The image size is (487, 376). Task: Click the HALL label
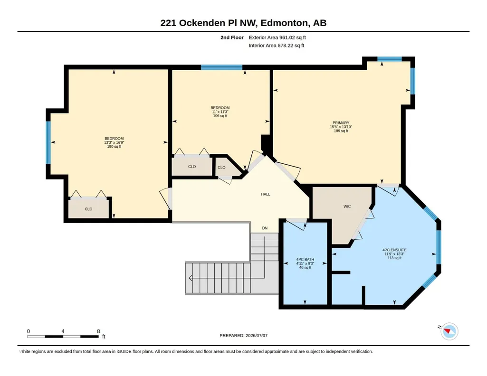[x=265, y=194]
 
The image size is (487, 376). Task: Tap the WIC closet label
[x=347, y=207]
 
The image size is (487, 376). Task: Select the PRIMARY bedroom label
[x=341, y=123]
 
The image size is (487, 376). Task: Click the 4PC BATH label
[x=305, y=259]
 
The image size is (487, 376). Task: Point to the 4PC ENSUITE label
[x=394, y=250]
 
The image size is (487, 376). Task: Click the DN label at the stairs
[x=265, y=228]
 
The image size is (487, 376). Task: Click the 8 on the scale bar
[x=98, y=331]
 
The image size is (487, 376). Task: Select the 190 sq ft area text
[x=114, y=146]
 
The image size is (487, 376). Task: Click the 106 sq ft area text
[x=220, y=116]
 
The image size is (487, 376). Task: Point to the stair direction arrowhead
[x=190, y=278]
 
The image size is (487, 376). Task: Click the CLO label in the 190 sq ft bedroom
[x=88, y=209]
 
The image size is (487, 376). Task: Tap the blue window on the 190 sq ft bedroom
[x=48, y=142]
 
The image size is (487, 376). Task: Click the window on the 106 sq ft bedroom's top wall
[x=221, y=67]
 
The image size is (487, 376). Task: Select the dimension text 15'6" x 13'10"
[x=341, y=127]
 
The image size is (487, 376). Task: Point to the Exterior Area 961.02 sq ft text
[x=277, y=38]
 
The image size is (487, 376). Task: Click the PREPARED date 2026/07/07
[x=257, y=335]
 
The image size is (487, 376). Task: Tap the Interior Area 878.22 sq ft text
[x=277, y=46]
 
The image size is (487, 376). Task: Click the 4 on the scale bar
[x=63, y=331]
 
